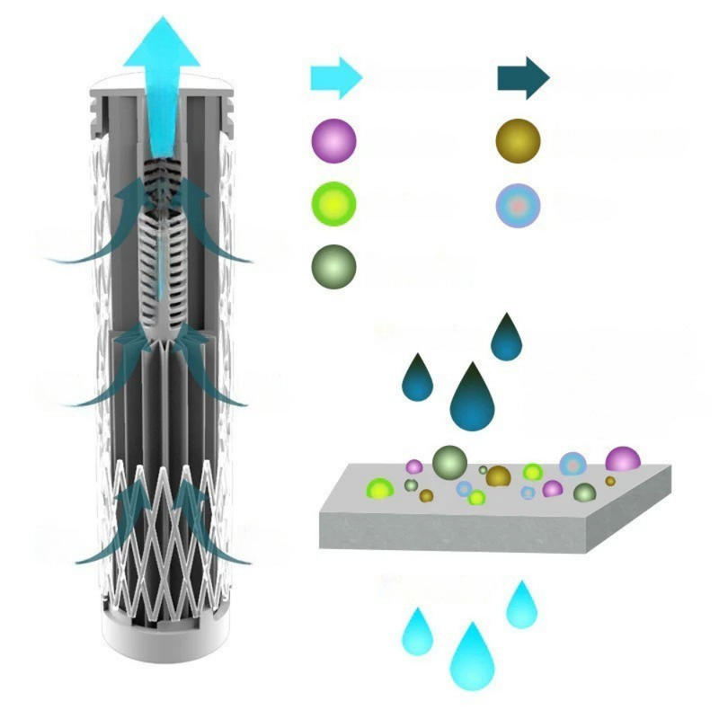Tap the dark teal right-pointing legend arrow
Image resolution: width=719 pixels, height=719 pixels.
click(522, 78)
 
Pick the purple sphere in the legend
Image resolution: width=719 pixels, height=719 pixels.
click(333, 140)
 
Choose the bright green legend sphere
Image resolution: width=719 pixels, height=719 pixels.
click(333, 203)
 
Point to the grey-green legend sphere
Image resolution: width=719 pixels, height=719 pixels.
click(333, 265)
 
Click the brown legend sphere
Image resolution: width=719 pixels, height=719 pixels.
click(519, 140)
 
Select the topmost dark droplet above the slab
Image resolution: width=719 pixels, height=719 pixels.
click(506, 339)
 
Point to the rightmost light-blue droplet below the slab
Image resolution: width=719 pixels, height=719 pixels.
click(521, 607)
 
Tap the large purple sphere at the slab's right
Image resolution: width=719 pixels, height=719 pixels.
click(622, 459)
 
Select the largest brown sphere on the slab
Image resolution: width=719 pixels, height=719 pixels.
click(498, 476)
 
